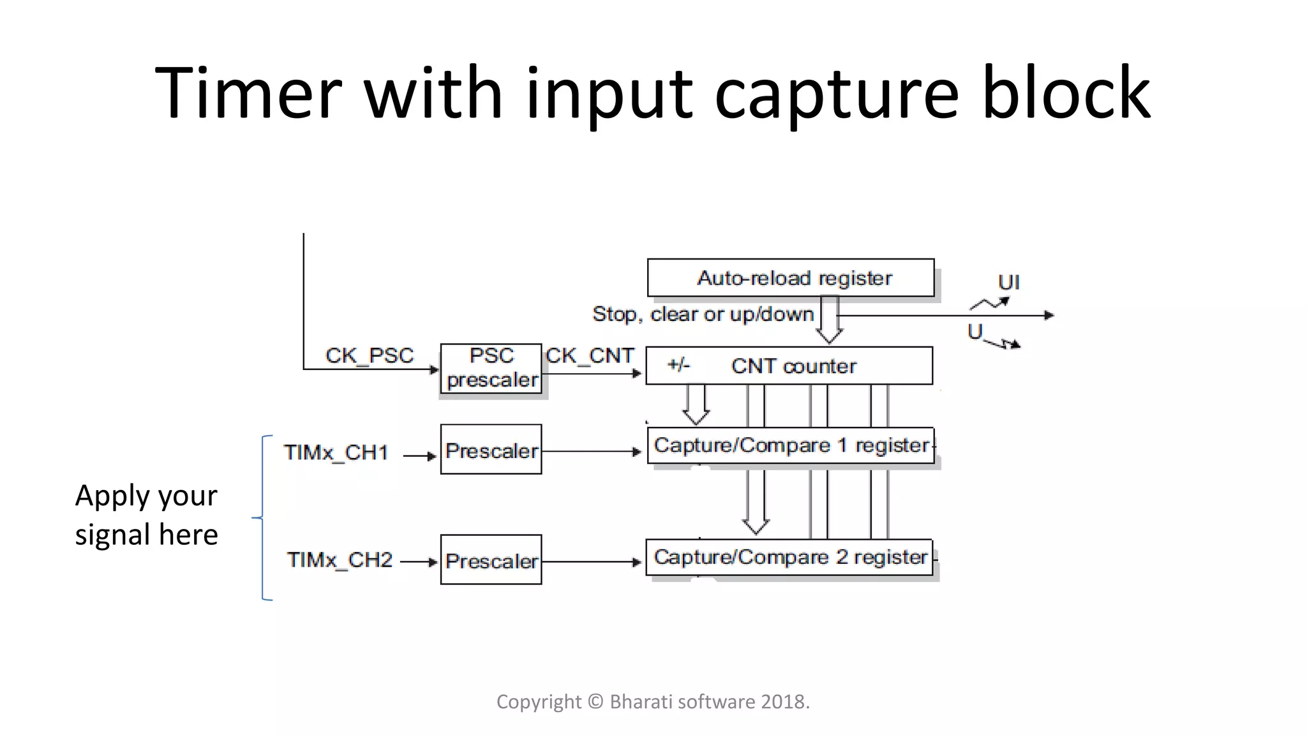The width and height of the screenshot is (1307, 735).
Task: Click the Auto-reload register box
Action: [x=790, y=278]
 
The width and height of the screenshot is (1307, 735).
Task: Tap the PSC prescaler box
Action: [x=491, y=368]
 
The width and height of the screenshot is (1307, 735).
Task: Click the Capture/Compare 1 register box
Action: [x=790, y=445]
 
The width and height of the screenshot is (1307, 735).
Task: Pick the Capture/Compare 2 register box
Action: [x=789, y=557]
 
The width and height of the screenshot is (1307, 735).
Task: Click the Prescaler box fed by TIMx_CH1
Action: [x=491, y=450]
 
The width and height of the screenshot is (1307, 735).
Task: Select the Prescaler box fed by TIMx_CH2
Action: [x=491, y=560]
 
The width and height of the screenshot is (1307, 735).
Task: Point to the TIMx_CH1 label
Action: [x=336, y=452]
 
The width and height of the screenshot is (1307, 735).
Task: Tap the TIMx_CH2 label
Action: [x=340, y=560]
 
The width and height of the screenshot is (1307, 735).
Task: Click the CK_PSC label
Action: [x=370, y=355]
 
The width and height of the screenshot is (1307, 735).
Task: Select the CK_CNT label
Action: [x=590, y=355]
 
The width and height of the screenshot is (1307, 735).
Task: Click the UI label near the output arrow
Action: [x=1008, y=282]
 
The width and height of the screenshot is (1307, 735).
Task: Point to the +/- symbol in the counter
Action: [x=678, y=365]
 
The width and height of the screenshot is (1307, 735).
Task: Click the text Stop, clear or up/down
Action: [x=703, y=314]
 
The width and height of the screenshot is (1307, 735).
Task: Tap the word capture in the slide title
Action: [x=836, y=94]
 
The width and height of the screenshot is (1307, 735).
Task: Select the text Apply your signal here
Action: [x=146, y=515]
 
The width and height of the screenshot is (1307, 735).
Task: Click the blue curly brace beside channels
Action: [x=262, y=517]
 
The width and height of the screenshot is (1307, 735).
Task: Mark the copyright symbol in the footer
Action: [x=595, y=701]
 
